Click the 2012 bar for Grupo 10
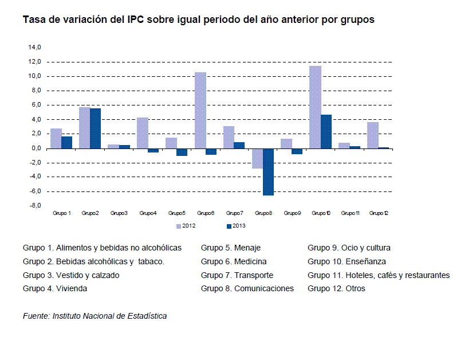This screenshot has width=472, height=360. click(315, 107)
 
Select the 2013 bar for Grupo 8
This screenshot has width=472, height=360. click(268, 171)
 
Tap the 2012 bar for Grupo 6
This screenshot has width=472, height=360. click(200, 110)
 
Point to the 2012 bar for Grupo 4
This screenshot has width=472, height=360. click(143, 132)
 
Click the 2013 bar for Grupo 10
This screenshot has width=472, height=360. click(326, 131)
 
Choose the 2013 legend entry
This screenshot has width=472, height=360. click(237, 226)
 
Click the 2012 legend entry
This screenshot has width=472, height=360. click(186, 226)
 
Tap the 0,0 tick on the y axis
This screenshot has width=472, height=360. click(36, 148)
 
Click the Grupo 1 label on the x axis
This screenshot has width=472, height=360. click(62, 213)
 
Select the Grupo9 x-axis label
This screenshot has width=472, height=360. click(292, 213)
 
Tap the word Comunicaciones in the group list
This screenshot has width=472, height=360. click(264, 288)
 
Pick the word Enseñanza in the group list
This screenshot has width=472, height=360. click(369, 261)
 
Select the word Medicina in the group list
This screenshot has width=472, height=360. click(250, 261)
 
